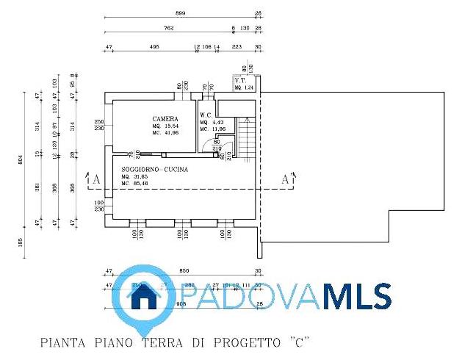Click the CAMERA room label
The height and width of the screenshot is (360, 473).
click(165, 119)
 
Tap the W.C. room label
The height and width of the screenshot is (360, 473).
click(206, 115)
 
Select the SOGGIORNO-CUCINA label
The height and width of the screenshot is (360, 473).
click(155, 170)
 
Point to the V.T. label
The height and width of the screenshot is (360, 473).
click(239, 80)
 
